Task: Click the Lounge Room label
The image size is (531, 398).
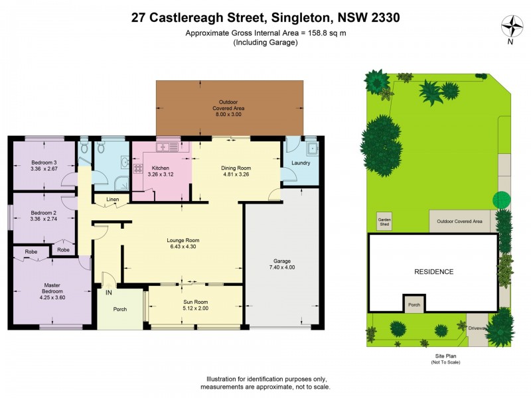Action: [x=184, y=240]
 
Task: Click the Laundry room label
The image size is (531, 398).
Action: [x=301, y=163]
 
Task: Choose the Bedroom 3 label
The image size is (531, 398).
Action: [x=44, y=163]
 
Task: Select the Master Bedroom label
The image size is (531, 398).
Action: [x=52, y=288]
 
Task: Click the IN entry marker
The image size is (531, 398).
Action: [x=107, y=291]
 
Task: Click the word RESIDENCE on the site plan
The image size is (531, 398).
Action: [x=434, y=272]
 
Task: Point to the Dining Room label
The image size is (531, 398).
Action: [x=236, y=168]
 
